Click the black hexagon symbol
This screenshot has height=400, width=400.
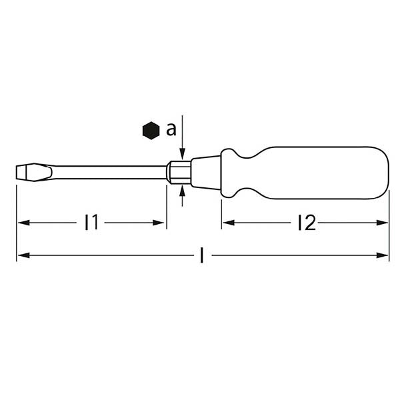point(151,131)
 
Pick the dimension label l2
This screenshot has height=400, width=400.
point(306,223)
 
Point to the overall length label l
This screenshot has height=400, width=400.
point(202,255)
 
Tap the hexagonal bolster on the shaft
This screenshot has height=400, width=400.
point(179,171)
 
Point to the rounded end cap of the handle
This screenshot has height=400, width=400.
point(383,171)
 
